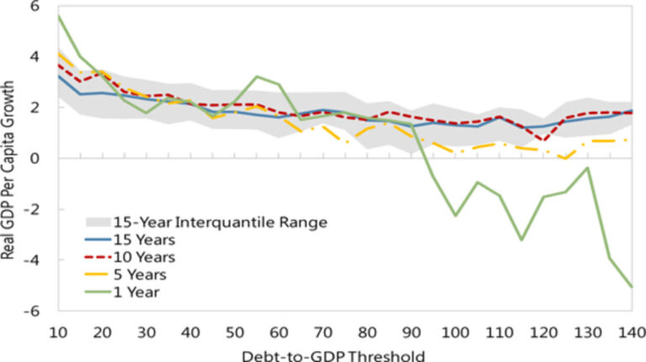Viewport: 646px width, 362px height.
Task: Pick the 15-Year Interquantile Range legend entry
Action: tap(205, 221)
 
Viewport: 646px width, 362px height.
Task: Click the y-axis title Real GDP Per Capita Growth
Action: tap(13, 157)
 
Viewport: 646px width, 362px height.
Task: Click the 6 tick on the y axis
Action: tap(36, 6)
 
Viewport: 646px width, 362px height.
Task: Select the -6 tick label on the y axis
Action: tap(34, 311)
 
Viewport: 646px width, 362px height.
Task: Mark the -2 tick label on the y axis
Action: tap(34, 209)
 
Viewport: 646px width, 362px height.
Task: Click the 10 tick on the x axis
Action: tap(58, 331)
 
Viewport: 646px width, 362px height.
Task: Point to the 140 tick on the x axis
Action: tap(630, 331)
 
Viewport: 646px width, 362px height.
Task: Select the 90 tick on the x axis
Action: tap(411, 331)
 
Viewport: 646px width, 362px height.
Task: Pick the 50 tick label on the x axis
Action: tap(236, 331)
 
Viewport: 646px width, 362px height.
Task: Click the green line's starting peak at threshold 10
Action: tap(59, 16)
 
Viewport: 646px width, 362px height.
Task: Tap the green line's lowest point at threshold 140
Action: tap(630, 287)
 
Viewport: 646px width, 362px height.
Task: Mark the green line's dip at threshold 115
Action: tap(522, 240)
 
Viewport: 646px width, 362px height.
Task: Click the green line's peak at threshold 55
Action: tap(257, 77)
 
